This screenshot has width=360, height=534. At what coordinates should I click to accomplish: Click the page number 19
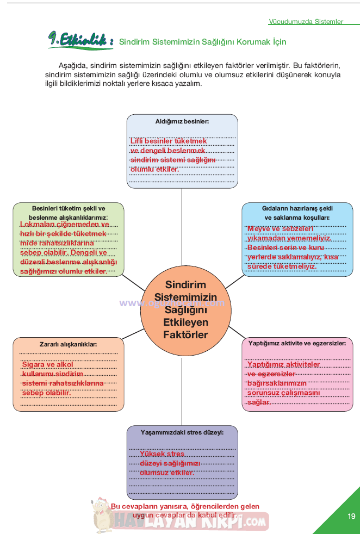(351, 516)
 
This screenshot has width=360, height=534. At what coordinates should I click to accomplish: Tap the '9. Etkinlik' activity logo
(80, 40)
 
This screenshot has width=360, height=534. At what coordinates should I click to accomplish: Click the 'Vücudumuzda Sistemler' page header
(306, 22)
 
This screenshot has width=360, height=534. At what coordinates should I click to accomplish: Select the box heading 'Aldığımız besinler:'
(182, 122)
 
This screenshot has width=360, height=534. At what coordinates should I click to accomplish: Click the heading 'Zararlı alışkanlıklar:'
(68, 344)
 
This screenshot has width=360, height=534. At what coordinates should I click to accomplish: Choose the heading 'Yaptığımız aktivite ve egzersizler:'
(297, 344)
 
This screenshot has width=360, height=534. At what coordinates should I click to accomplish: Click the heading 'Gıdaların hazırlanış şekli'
(297, 208)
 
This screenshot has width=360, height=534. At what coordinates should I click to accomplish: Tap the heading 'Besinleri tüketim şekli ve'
(69, 208)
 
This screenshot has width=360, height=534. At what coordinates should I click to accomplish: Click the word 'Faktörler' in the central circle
(185, 335)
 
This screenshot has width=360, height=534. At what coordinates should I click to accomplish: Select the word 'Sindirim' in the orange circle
(185, 284)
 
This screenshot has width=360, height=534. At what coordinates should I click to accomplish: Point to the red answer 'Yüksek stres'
(162, 454)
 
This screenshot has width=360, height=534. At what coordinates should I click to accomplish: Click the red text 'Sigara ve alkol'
(48, 364)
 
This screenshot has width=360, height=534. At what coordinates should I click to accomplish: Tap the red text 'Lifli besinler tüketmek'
(169, 141)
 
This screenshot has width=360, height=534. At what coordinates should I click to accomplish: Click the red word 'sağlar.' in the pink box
(259, 402)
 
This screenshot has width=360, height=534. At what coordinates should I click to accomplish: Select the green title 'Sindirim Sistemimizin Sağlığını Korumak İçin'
(202, 42)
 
